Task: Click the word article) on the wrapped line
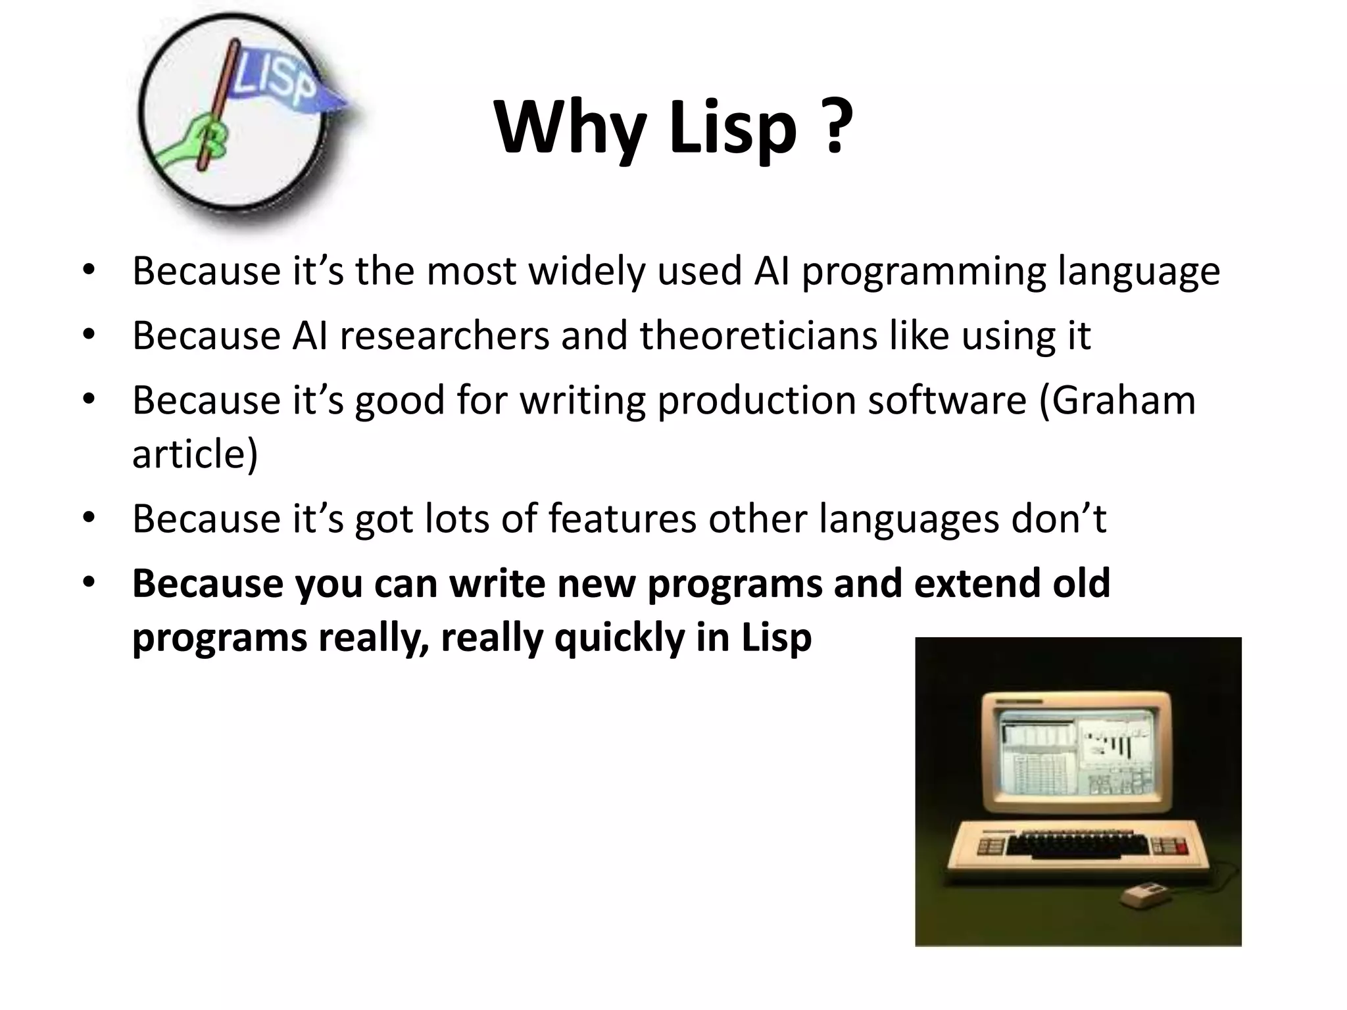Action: point(195,453)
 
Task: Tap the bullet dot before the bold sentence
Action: point(89,583)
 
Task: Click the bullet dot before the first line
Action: point(89,270)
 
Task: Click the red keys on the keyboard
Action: point(1182,846)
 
